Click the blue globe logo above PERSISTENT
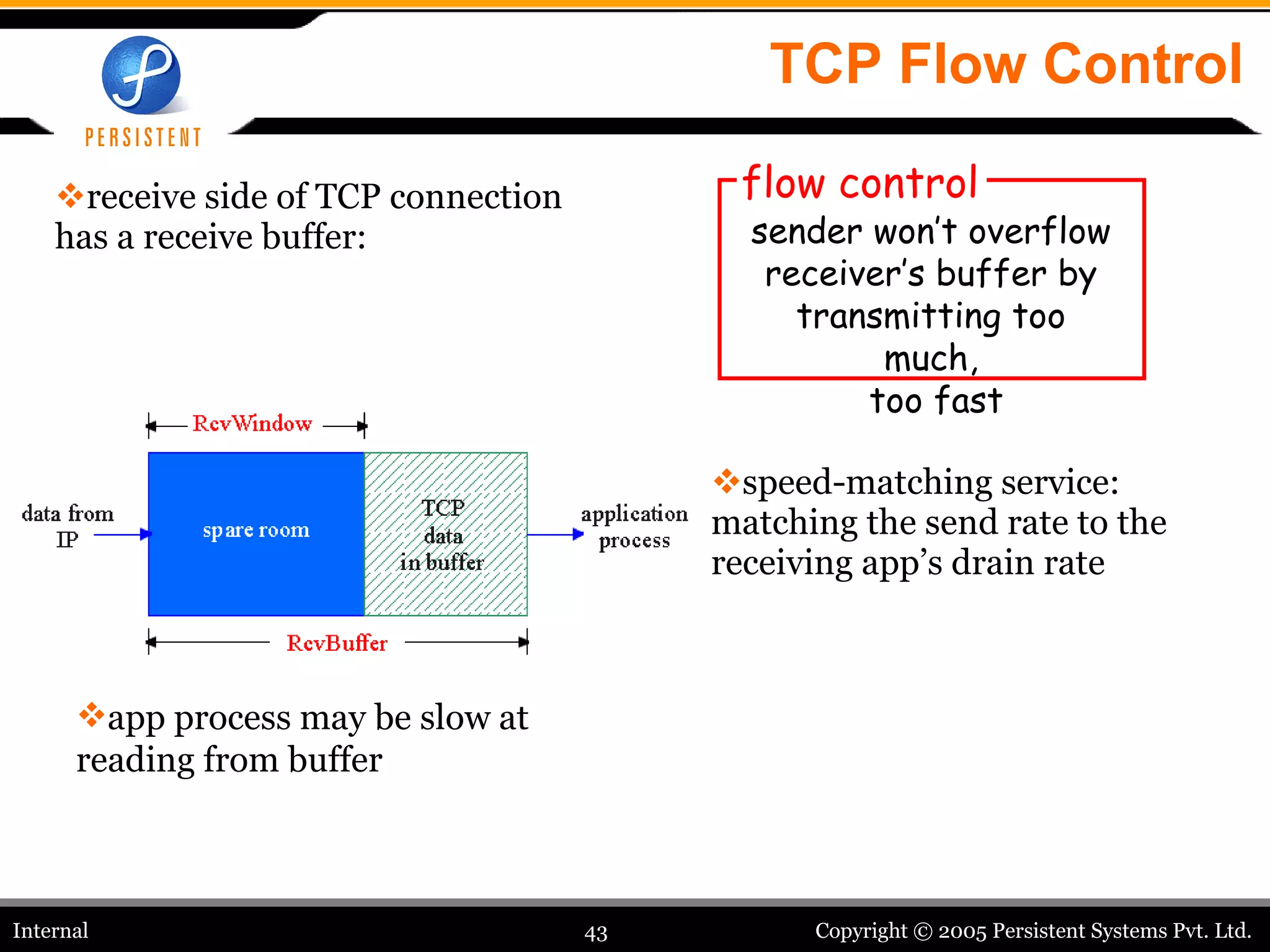[141, 75]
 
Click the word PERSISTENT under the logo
[143, 138]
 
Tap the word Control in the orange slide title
[1143, 64]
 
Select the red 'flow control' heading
[860, 183]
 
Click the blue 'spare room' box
[256, 533]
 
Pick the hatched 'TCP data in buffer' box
[445, 534]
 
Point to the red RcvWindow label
[252, 424]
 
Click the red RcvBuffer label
[337, 643]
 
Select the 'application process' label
[634, 527]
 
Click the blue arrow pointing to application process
[554, 534]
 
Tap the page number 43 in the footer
[595, 933]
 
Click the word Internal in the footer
[51, 930]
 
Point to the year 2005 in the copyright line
[962, 931]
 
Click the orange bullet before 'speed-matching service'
[726, 481]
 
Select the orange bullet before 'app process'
[91, 715]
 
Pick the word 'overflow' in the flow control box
[1039, 232]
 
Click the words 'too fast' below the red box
[936, 400]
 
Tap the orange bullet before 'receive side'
[70, 195]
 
